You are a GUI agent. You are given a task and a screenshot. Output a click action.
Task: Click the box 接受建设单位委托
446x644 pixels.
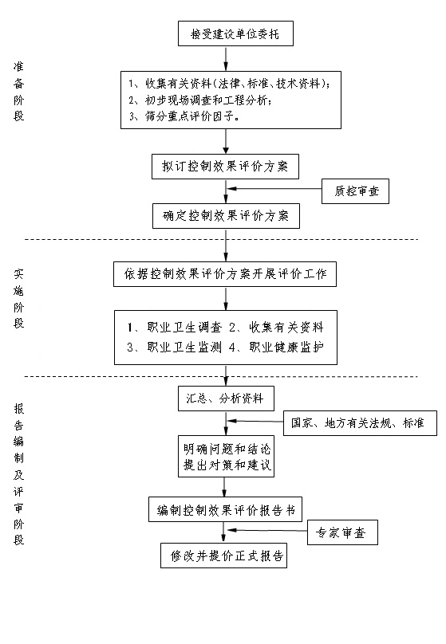[x=235, y=33]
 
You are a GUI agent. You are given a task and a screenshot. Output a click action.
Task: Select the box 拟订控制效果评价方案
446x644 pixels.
[x=225, y=167]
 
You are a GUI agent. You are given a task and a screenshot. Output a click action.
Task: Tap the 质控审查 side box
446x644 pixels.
[x=355, y=191]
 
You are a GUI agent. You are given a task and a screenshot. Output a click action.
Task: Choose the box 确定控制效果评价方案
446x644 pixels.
[x=226, y=216]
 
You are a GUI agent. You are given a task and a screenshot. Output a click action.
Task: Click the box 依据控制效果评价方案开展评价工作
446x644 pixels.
[x=225, y=274]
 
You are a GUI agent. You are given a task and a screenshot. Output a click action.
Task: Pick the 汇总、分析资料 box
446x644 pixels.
[x=226, y=399]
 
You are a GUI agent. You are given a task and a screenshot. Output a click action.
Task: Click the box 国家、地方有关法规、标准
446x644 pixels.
[x=360, y=423]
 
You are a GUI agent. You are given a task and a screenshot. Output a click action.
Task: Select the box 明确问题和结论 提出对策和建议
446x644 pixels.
[x=226, y=457]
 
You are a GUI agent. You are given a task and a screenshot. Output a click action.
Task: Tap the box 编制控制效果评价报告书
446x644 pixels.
[x=225, y=509]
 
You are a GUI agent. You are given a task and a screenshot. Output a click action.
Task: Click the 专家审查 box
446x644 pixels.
[x=342, y=532]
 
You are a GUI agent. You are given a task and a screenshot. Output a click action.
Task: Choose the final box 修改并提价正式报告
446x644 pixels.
[x=223, y=556]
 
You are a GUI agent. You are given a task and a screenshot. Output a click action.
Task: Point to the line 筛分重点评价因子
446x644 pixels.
[x=184, y=116]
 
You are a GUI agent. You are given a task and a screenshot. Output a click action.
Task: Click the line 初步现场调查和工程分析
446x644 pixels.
[x=200, y=100]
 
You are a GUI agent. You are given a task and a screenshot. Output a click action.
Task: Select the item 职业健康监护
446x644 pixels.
[x=277, y=348]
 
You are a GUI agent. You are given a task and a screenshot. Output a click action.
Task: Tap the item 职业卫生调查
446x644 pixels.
[x=175, y=328]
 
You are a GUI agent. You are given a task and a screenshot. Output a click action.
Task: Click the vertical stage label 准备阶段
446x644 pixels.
[x=19, y=91]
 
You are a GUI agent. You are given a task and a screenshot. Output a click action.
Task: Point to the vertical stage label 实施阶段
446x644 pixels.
[x=19, y=299]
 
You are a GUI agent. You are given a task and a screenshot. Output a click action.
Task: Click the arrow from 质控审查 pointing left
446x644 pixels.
[x=274, y=189]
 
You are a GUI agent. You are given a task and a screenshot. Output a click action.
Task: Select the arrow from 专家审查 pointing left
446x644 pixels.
[x=267, y=530]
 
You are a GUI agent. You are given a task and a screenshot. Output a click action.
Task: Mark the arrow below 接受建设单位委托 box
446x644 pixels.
[x=226, y=59]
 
